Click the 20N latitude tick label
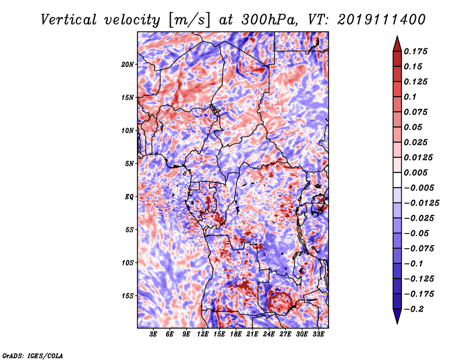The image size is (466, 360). click(x=128, y=65)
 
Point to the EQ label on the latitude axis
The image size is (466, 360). click(x=129, y=197)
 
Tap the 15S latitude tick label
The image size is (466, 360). click(x=128, y=296)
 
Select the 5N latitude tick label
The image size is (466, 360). click(x=129, y=164)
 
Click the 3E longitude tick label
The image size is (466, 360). click(x=153, y=334)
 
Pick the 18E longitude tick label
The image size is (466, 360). click(x=236, y=334)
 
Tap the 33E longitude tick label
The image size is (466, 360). click(x=318, y=334)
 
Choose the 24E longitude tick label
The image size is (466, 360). click(x=269, y=334)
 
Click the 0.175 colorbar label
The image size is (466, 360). click(x=415, y=52)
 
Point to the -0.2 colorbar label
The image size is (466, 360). click(x=413, y=309)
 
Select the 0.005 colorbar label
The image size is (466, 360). click(x=415, y=173)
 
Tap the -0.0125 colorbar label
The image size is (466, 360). click(x=421, y=203)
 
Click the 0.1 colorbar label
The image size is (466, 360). click(x=410, y=97)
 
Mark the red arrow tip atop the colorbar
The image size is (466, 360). click(x=397, y=36)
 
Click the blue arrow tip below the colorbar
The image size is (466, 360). click(x=397, y=323)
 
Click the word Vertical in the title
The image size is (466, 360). click(x=69, y=20)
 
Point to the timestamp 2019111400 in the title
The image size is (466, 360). click(x=382, y=20)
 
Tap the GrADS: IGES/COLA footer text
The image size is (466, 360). click(x=33, y=355)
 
